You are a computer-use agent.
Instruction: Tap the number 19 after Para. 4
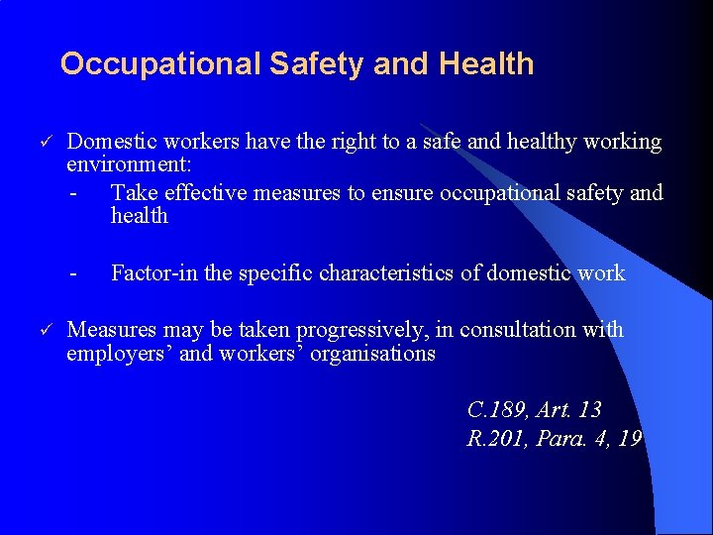(629, 438)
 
